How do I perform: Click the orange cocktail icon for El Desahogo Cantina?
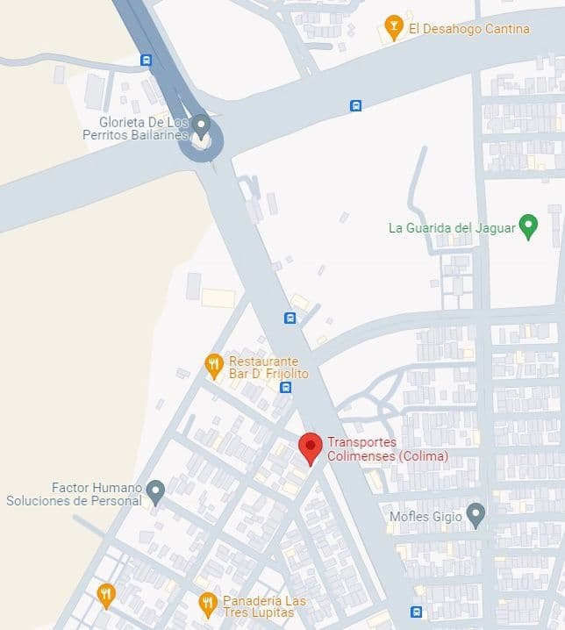pos(393,26)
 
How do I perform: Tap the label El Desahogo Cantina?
pos(469,29)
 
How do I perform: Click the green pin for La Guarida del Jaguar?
pos(528,226)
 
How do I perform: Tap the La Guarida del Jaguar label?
pos(451,228)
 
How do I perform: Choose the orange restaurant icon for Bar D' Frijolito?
pos(213,365)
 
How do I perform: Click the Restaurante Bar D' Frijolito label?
pos(264,368)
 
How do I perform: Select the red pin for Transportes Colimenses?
pos(310,447)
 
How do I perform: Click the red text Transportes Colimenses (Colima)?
pos(387,449)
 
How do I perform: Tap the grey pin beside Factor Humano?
pos(155,491)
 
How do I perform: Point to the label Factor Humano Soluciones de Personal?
pos(74,494)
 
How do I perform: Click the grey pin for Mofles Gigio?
pos(476,514)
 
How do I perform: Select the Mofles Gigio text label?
pos(426,517)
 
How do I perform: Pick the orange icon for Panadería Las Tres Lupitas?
pos(207,603)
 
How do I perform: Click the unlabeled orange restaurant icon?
pos(106,595)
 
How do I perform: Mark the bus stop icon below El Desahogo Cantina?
pos(355,106)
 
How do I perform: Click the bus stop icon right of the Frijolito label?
pos(285,387)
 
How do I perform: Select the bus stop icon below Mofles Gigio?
pos(416,612)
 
